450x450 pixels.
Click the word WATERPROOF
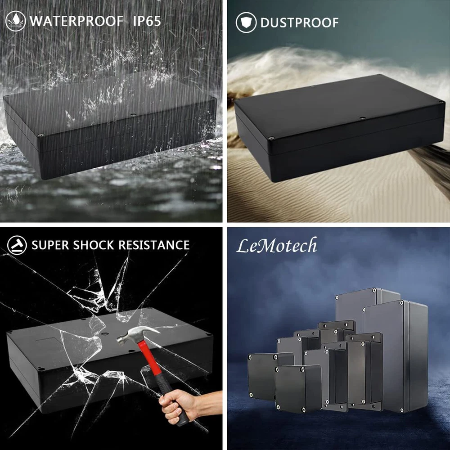tap(76, 21)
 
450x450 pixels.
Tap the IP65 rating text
tap(147, 21)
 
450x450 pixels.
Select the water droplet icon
tap(15, 21)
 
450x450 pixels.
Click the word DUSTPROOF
tap(299, 22)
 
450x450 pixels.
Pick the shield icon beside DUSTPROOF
tap(246, 22)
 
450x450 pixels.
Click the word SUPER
tap(50, 245)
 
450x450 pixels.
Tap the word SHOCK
tap(94, 245)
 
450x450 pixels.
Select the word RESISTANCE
tap(154, 245)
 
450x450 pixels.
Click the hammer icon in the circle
tap(17, 245)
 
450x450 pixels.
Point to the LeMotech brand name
tap(277, 246)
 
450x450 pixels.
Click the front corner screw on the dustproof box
tap(270, 139)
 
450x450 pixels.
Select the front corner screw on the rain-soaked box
tap(41, 135)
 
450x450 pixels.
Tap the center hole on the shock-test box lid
tap(105, 334)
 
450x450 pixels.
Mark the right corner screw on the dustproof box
tap(442, 102)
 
